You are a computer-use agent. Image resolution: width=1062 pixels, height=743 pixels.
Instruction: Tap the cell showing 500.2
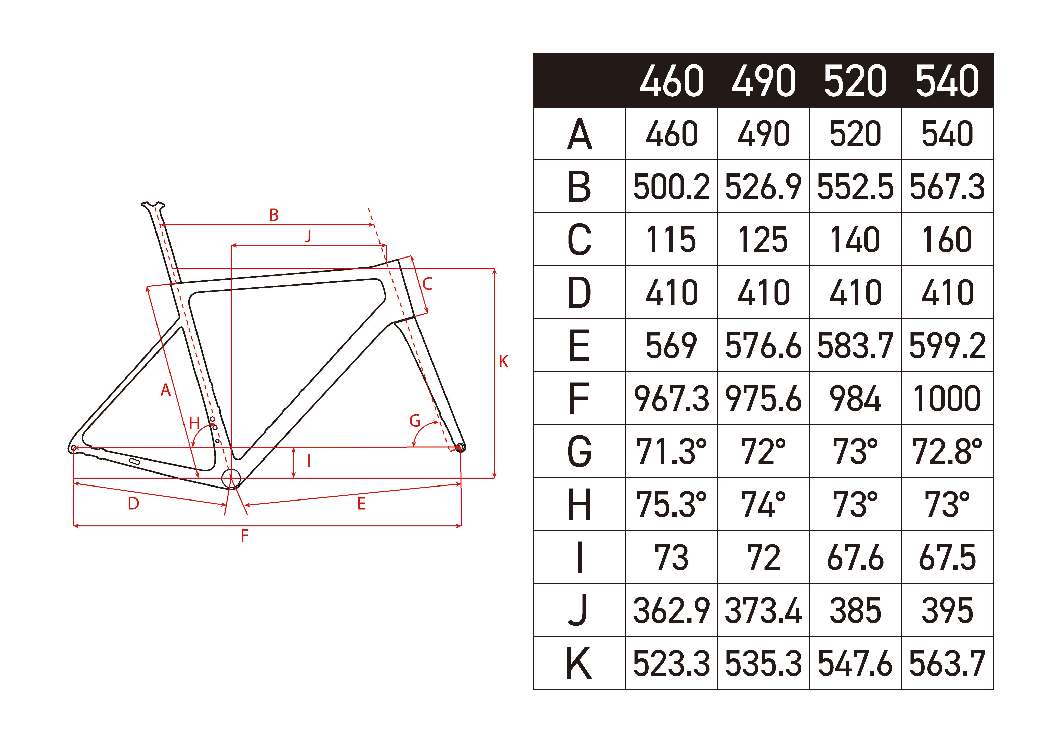coord(671,187)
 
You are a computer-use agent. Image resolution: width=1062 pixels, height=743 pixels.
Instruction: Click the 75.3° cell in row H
coord(671,504)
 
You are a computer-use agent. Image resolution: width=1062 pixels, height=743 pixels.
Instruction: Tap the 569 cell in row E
coord(671,345)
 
